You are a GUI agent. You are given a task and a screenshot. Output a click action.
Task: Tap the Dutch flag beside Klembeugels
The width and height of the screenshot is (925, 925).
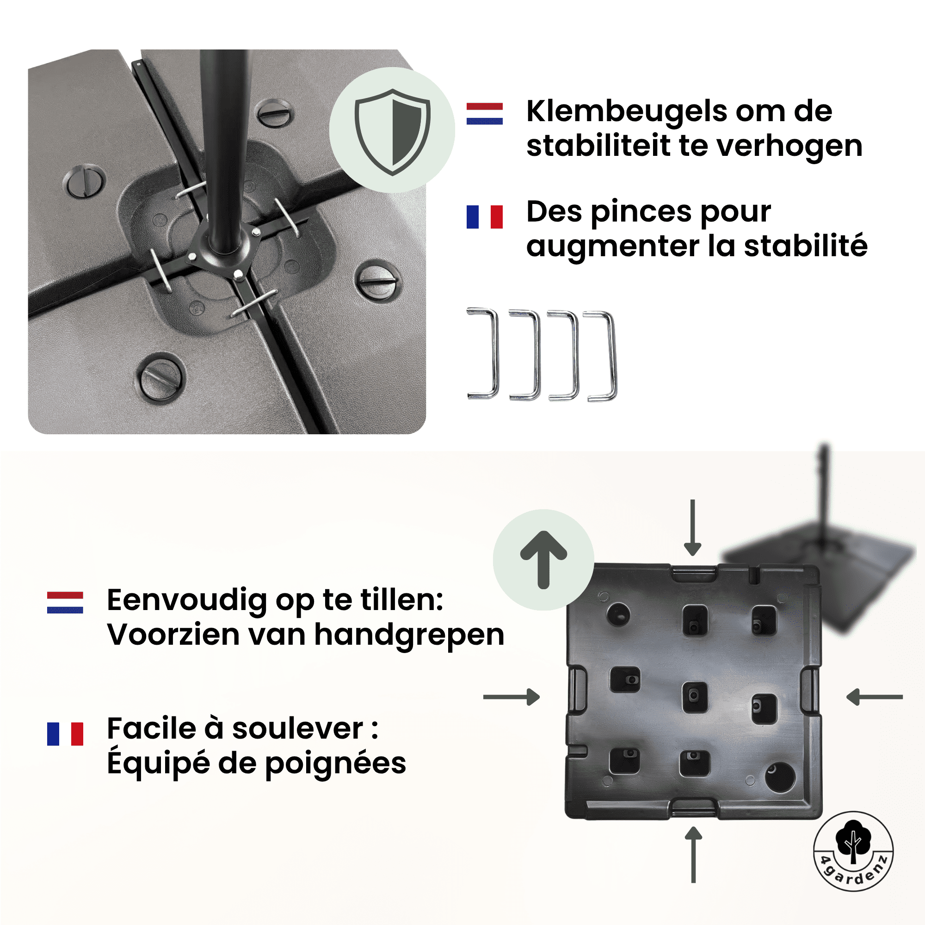[485, 113]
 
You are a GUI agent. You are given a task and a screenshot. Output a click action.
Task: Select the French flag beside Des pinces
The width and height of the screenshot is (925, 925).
[485, 217]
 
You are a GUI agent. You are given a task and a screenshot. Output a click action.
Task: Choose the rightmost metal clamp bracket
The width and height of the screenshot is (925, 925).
[601, 356]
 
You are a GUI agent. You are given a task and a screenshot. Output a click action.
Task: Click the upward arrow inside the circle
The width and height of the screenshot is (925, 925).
[543, 559]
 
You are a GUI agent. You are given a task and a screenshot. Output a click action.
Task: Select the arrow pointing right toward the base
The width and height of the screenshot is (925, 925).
[512, 697]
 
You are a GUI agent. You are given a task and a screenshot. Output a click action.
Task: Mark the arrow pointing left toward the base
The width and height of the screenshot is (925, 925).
[874, 697]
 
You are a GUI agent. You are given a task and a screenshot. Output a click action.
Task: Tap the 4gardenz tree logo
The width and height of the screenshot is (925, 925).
[853, 851]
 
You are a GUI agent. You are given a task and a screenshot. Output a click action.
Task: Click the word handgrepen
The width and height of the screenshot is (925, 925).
[409, 635]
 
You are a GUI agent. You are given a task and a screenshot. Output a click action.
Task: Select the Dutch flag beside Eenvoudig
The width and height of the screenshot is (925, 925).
[65, 602]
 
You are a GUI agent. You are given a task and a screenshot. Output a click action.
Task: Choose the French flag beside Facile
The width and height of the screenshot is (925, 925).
[65, 734]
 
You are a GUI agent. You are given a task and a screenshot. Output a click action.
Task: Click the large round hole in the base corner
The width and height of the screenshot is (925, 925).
[780, 777]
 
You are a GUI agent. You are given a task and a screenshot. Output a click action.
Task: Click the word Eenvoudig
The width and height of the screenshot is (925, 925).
[187, 600]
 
